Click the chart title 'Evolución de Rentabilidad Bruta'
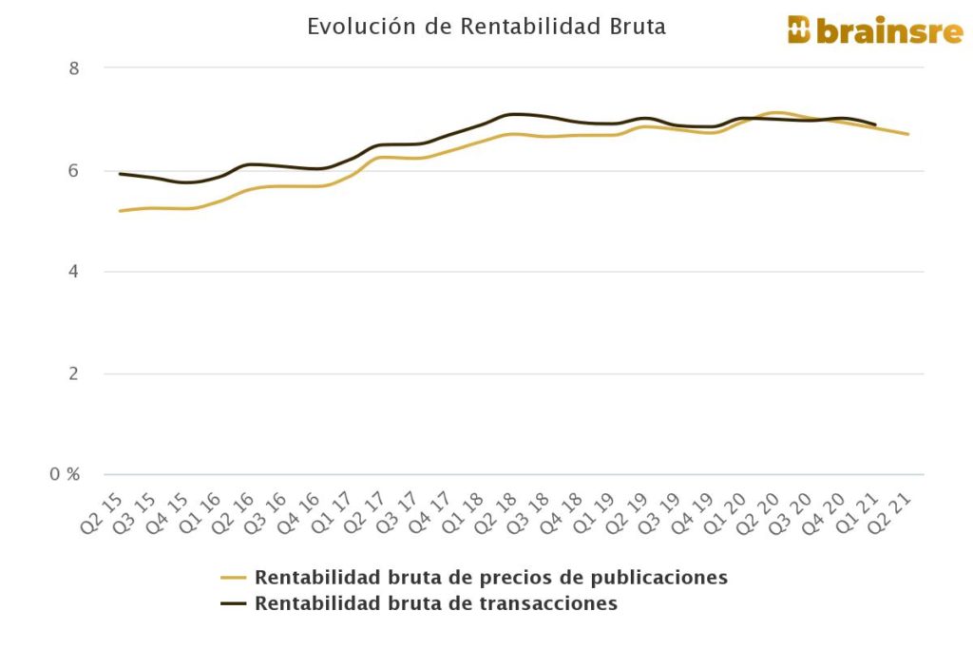tap(486, 27)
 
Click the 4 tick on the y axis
tap(73, 272)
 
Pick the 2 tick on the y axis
tap(73, 373)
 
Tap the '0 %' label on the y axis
tap(66, 474)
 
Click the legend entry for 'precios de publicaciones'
tap(490, 577)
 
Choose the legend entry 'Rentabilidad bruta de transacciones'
tap(435, 603)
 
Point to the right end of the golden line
tap(908, 134)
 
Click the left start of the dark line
tap(120, 174)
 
